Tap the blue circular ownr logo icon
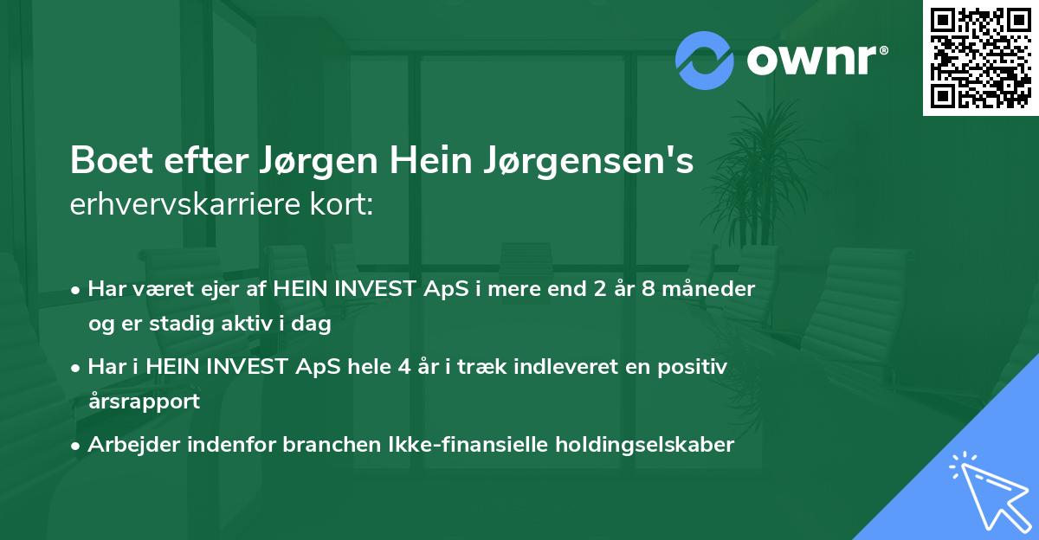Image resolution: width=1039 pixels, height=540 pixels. [705, 60]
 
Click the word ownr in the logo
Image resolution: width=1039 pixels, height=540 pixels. [815, 61]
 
